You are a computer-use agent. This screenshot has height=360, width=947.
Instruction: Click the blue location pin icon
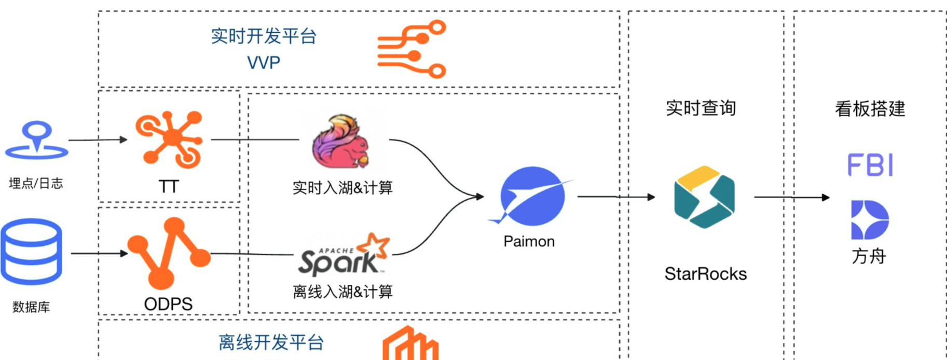pyautogui.click(x=36, y=139)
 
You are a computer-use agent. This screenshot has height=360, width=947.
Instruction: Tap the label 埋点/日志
pyautogui.click(x=36, y=183)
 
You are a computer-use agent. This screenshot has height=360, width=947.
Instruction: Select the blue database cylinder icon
pyautogui.click(x=31, y=252)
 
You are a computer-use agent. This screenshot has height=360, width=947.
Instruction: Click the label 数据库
pyautogui.click(x=31, y=307)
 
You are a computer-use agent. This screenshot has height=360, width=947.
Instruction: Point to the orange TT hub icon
pyautogui.click(x=170, y=139)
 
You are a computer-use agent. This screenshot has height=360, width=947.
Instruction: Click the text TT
pyautogui.click(x=169, y=187)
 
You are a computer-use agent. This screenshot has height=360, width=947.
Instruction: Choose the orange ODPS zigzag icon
pyautogui.click(x=169, y=253)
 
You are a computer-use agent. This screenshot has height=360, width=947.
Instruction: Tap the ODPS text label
pyautogui.click(x=168, y=304)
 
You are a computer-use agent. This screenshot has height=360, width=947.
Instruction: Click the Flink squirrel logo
pyautogui.click(x=340, y=142)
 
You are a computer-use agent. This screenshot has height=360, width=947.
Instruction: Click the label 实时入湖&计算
pyautogui.click(x=342, y=187)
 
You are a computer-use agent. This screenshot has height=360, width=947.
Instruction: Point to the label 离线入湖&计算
pyautogui.click(x=342, y=292)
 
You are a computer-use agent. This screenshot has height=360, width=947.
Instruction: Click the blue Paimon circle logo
pyautogui.click(x=532, y=196)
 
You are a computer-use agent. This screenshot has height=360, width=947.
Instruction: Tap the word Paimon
pyautogui.click(x=529, y=241)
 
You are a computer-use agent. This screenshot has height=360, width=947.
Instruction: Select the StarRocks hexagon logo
pyautogui.click(x=704, y=197)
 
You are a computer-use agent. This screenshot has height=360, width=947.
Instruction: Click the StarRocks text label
pyautogui.click(x=705, y=274)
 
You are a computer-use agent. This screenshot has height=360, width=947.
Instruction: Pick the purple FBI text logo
pyautogui.click(x=870, y=165)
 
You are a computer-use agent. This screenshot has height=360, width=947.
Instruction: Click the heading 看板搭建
pyautogui.click(x=870, y=109)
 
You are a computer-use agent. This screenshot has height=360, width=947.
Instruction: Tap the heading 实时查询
pyautogui.click(x=701, y=108)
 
